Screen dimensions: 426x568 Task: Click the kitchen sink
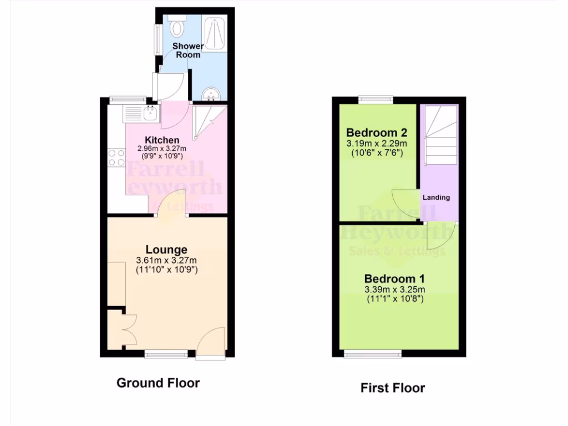[x=150, y=114]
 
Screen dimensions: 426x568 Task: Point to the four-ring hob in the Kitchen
[x=116, y=157]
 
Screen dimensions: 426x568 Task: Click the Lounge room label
[x=166, y=250]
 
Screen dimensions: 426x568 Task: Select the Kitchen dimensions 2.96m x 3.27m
[x=162, y=149]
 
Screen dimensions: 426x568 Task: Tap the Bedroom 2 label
[x=377, y=133]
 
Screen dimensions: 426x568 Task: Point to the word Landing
[x=437, y=197]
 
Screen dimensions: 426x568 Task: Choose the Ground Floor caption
[x=158, y=383]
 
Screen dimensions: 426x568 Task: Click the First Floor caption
[x=393, y=388]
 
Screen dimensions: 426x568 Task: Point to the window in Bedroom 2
[x=376, y=100]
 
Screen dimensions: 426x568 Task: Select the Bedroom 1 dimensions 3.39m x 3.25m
[x=394, y=290]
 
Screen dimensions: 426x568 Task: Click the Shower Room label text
[x=187, y=50]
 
